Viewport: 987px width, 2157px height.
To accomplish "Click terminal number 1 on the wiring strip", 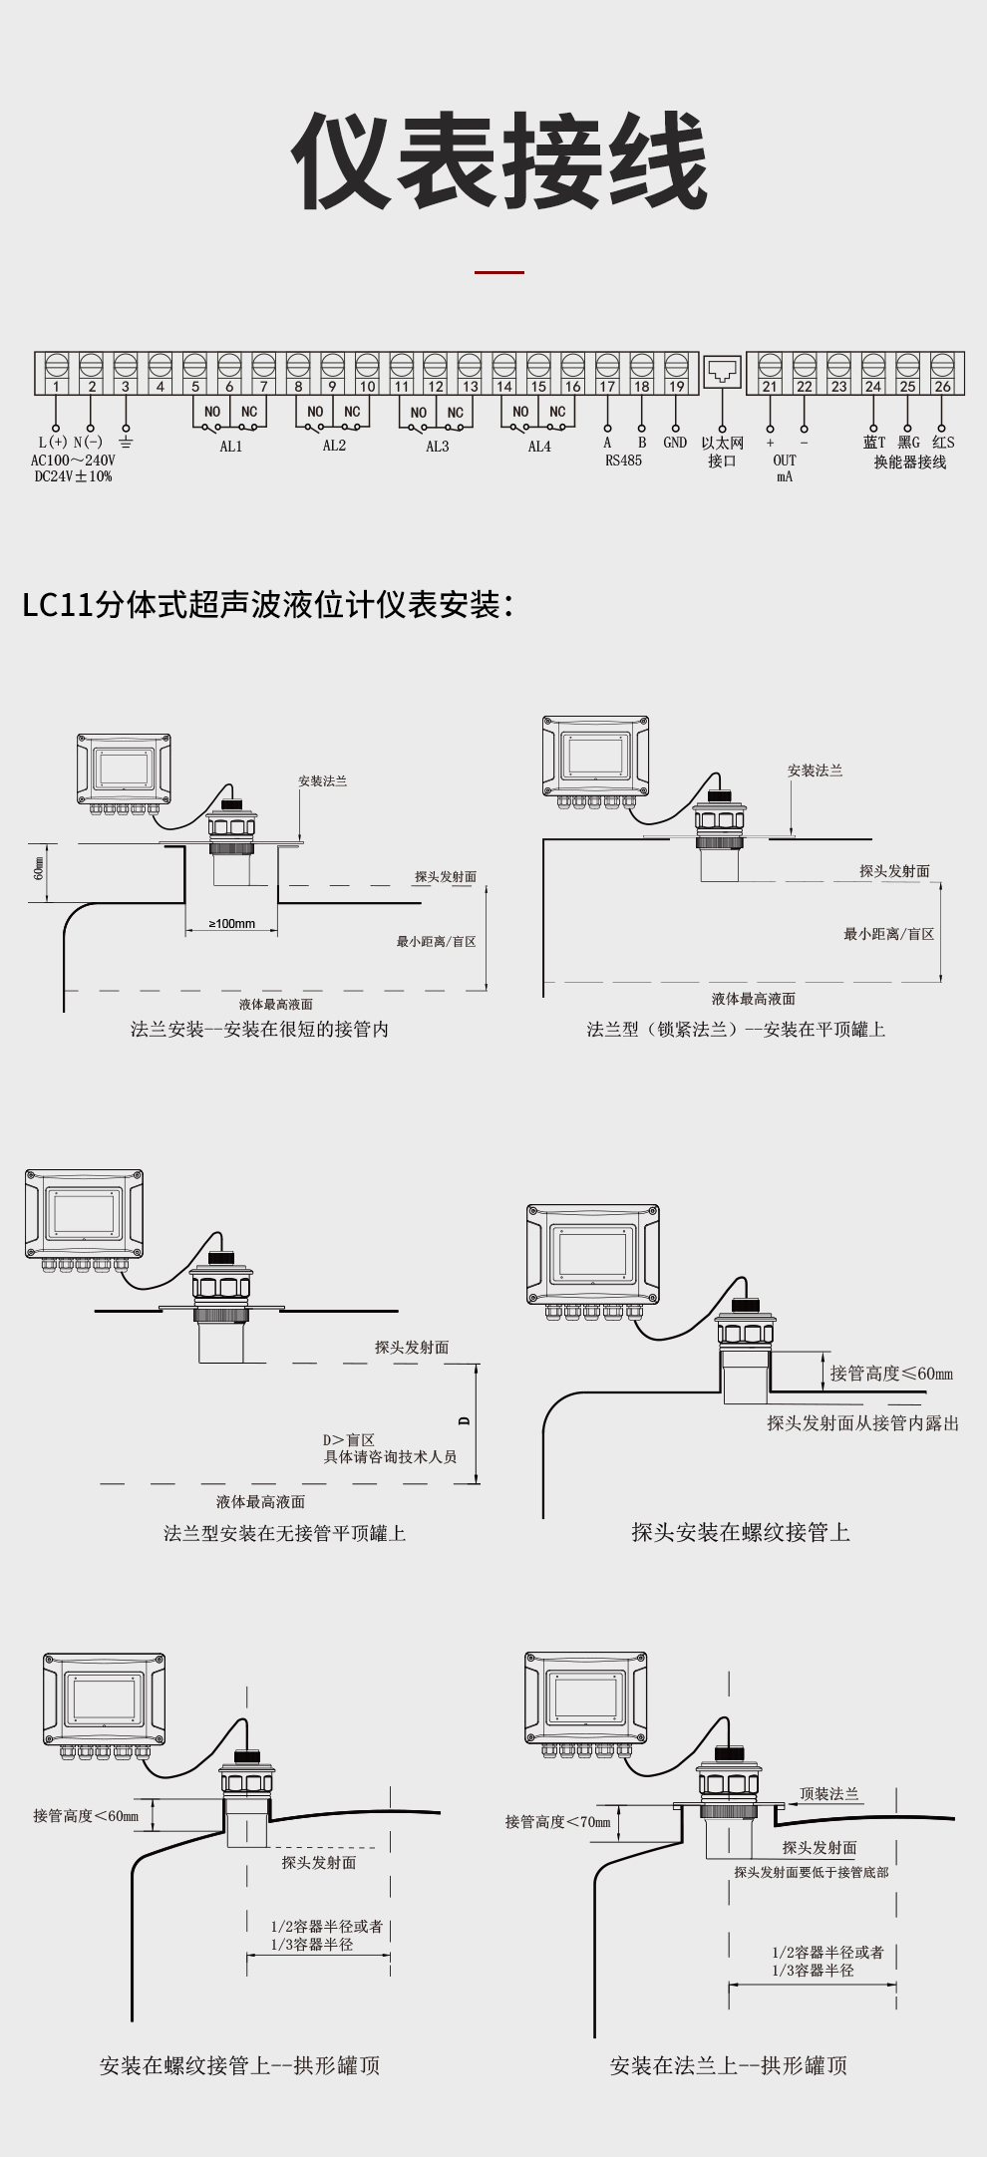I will click(x=57, y=387).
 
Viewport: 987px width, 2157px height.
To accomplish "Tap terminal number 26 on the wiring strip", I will click(x=942, y=387).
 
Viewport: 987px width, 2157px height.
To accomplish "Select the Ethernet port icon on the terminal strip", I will click(x=722, y=373).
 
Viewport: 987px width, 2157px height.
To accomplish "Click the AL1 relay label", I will click(x=231, y=447).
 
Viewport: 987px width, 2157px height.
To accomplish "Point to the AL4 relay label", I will click(x=539, y=447).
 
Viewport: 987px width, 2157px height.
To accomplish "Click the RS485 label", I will click(x=624, y=461).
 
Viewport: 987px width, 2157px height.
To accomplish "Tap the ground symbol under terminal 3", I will click(x=126, y=442).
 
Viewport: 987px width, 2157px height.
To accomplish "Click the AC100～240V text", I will click(x=73, y=461).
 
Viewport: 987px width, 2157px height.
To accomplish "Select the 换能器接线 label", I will click(x=909, y=462).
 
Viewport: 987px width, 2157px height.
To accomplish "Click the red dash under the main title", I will click(x=498, y=271).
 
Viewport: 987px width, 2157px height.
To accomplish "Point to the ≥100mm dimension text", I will click(x=231, y=924).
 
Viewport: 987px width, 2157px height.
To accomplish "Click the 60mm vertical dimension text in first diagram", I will click(x=39, y=868).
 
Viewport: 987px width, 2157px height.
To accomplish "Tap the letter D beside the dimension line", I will click(x=464, y=1421).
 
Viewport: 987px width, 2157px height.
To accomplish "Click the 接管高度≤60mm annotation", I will click(x=891, y=1374).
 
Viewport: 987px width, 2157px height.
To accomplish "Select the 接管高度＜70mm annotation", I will click(x=557, y=1822).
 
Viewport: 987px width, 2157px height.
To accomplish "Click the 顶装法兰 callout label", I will click(x=828, y=1794).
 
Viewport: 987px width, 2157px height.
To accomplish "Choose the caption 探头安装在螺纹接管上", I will click(x=741, y=1532).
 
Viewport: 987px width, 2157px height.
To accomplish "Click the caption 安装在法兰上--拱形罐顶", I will click(x=729, y=2065).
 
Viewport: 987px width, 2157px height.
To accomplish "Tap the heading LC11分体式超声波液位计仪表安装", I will click(x=267, y=604).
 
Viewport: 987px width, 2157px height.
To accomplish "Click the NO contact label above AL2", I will click(x=315, y=412).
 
